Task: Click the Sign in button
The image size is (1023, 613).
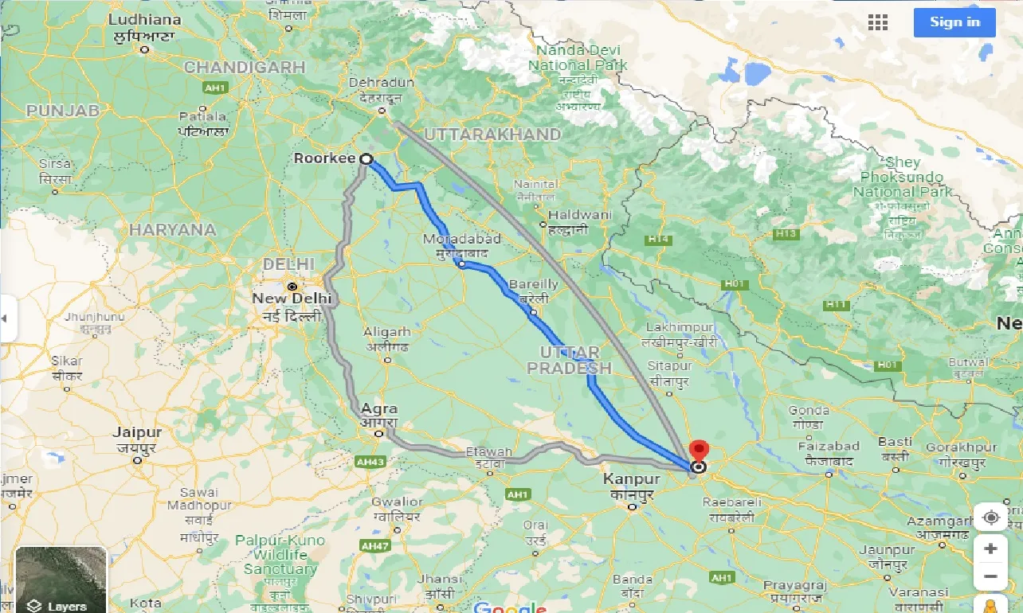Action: (954, 22)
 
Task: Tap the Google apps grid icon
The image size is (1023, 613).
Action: (878, 22)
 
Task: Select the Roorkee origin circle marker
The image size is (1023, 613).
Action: (366, 159)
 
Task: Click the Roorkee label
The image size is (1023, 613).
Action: (323, 158)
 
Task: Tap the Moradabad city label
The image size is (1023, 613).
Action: (462, 240)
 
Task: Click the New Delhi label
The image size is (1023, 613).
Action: (292, 299)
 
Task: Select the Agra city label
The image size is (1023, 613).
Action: (379, 409)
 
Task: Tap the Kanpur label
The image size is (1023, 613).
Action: (632, 479)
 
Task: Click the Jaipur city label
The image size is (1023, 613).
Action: (137, 433)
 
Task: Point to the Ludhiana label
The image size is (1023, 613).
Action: (144, 19)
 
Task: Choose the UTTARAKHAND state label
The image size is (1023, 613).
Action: (492, 135)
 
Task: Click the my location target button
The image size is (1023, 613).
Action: (991, 518)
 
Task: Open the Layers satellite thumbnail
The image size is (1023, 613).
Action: (61, 579)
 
